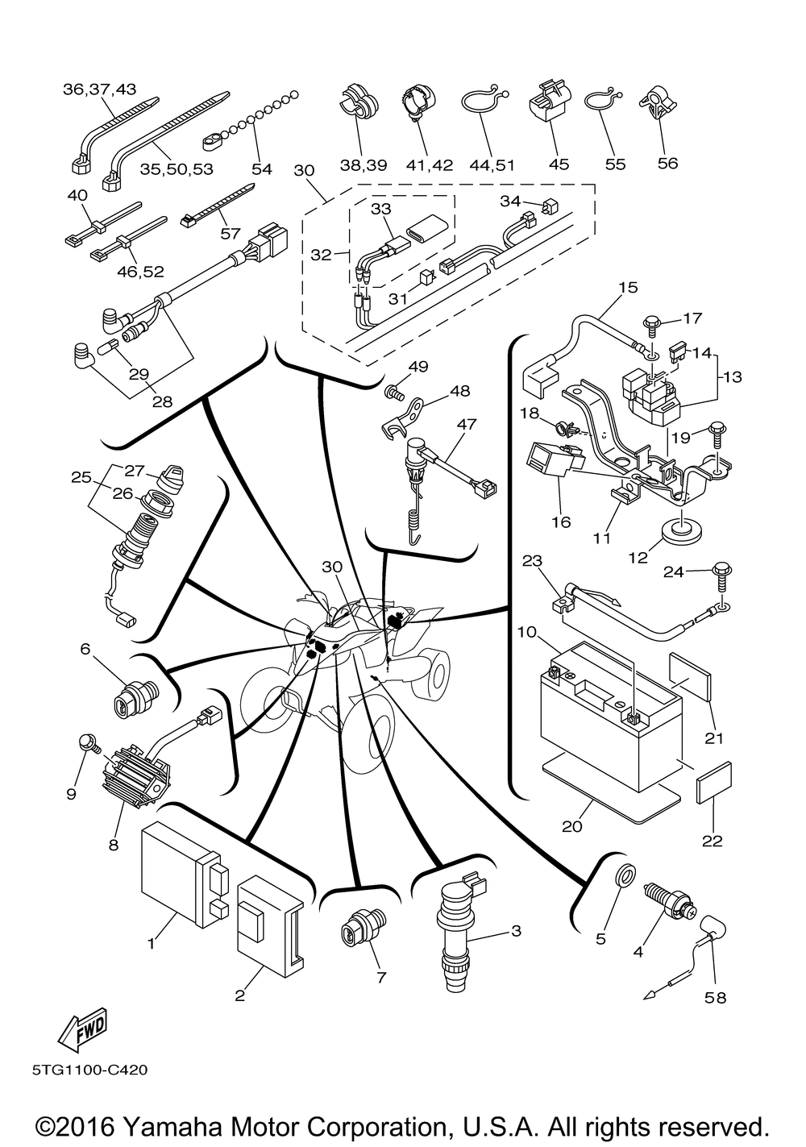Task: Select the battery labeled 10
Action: click(x=609, y=725)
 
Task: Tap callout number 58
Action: click(x=715, y=998)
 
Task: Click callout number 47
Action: click(x=467, y=424)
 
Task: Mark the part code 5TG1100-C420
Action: click(x=90, y=1070)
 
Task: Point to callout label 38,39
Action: click(x=363, y=164)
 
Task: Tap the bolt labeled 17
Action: click(x=650, y=323)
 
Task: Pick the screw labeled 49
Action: click(x=393, y=393)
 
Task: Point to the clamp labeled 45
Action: click(x=549, y=105)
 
